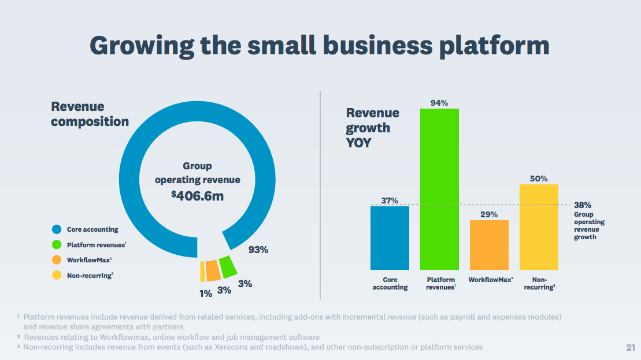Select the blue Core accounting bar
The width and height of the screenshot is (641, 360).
(390, 237)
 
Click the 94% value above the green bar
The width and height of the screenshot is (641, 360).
(439, 103)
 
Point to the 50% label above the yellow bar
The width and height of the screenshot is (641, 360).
(539, 179)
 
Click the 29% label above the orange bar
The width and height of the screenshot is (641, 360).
(489, 214)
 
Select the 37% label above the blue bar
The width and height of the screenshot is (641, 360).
(390, 201)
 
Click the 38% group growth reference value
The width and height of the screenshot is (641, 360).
(583, 205)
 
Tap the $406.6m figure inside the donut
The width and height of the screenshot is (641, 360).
(197, 195)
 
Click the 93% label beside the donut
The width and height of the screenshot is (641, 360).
(258, 250)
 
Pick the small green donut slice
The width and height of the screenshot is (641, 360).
(228, 266)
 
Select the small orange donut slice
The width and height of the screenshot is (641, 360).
(213, 270)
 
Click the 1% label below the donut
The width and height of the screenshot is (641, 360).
(206, 294)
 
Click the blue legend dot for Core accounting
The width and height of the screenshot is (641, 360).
(57, 229)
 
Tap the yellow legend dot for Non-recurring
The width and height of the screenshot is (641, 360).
(57, 275)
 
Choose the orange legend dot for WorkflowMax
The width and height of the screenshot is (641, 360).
(57, 260)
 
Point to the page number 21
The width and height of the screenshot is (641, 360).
(630, 347)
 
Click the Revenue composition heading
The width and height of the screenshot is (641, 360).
(90, 114)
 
